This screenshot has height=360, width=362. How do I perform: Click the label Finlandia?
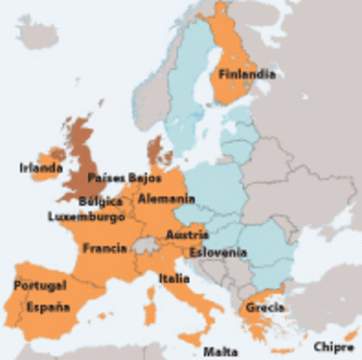point(246,74)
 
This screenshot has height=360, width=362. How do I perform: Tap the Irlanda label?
point(41,168)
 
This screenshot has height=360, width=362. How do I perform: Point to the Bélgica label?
point(101,202)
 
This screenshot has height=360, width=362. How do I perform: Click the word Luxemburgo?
point(86,216)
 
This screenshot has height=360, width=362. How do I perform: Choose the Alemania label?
point(165,199)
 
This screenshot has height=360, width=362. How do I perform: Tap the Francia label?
point(105,248)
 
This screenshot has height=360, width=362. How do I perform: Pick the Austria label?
point(186,235)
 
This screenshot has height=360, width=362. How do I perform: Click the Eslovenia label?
point(218,252)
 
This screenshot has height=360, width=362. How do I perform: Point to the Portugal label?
point(40,285)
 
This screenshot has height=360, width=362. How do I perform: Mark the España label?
point(48,306)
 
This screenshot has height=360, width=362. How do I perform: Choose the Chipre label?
point(333,346)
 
